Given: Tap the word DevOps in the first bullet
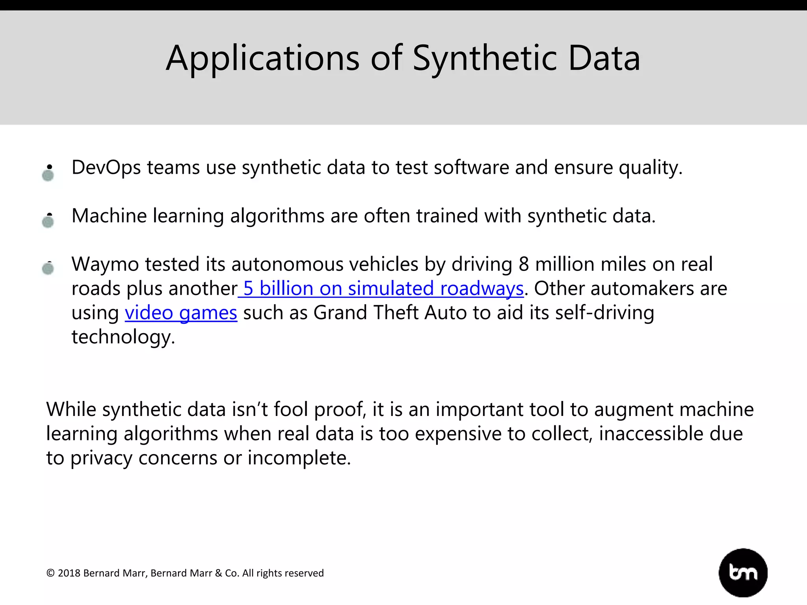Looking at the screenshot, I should [x=106, y=167].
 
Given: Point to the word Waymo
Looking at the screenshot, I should [x=105, y=264].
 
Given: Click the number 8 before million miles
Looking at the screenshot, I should [x=524, y=264].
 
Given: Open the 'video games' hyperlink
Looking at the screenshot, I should [x=181, y=313].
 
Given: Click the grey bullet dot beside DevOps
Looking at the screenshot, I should [x=48, y=175].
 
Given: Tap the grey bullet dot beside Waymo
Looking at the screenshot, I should [x=48, y=269].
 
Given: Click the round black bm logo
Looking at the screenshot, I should [x=743, y=572].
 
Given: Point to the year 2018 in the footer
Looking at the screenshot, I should [x=69, y=573].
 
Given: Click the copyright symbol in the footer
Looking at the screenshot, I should [x=50, y=573].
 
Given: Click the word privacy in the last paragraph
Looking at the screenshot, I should [x=101, y=458].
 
